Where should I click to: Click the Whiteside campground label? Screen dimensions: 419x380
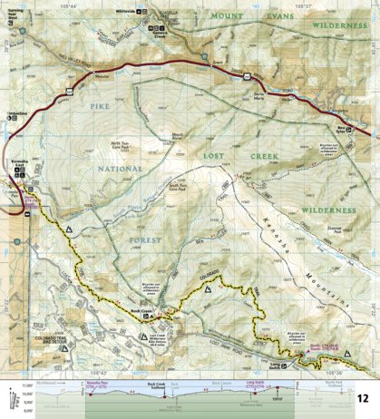133,10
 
